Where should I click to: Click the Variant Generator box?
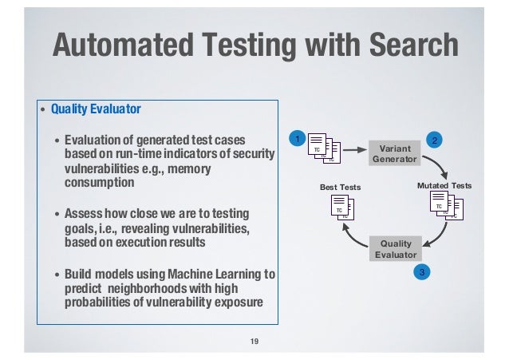pos(394,153)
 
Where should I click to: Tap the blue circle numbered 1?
pos(295,140)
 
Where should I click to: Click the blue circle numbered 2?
pos(435,140)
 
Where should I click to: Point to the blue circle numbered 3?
pos(424,273)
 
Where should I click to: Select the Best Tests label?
pos(341,187)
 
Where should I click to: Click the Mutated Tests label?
pos(444,186)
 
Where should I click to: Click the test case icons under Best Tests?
pos(341,207)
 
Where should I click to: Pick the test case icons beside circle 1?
pos(322,148)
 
